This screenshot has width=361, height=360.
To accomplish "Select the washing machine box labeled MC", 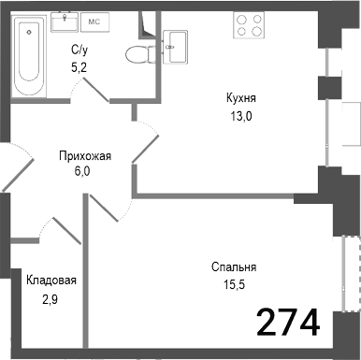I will [x=94, y=21].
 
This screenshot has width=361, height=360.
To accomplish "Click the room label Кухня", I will [x=240, y=97].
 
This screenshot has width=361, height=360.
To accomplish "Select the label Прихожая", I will [x=85, y=156].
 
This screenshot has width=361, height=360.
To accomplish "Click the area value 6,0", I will [x=85, y=172].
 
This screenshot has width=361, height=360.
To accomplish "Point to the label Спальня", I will [x=233, y=266].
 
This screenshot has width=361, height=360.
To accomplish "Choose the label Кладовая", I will [x=51, y=280].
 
